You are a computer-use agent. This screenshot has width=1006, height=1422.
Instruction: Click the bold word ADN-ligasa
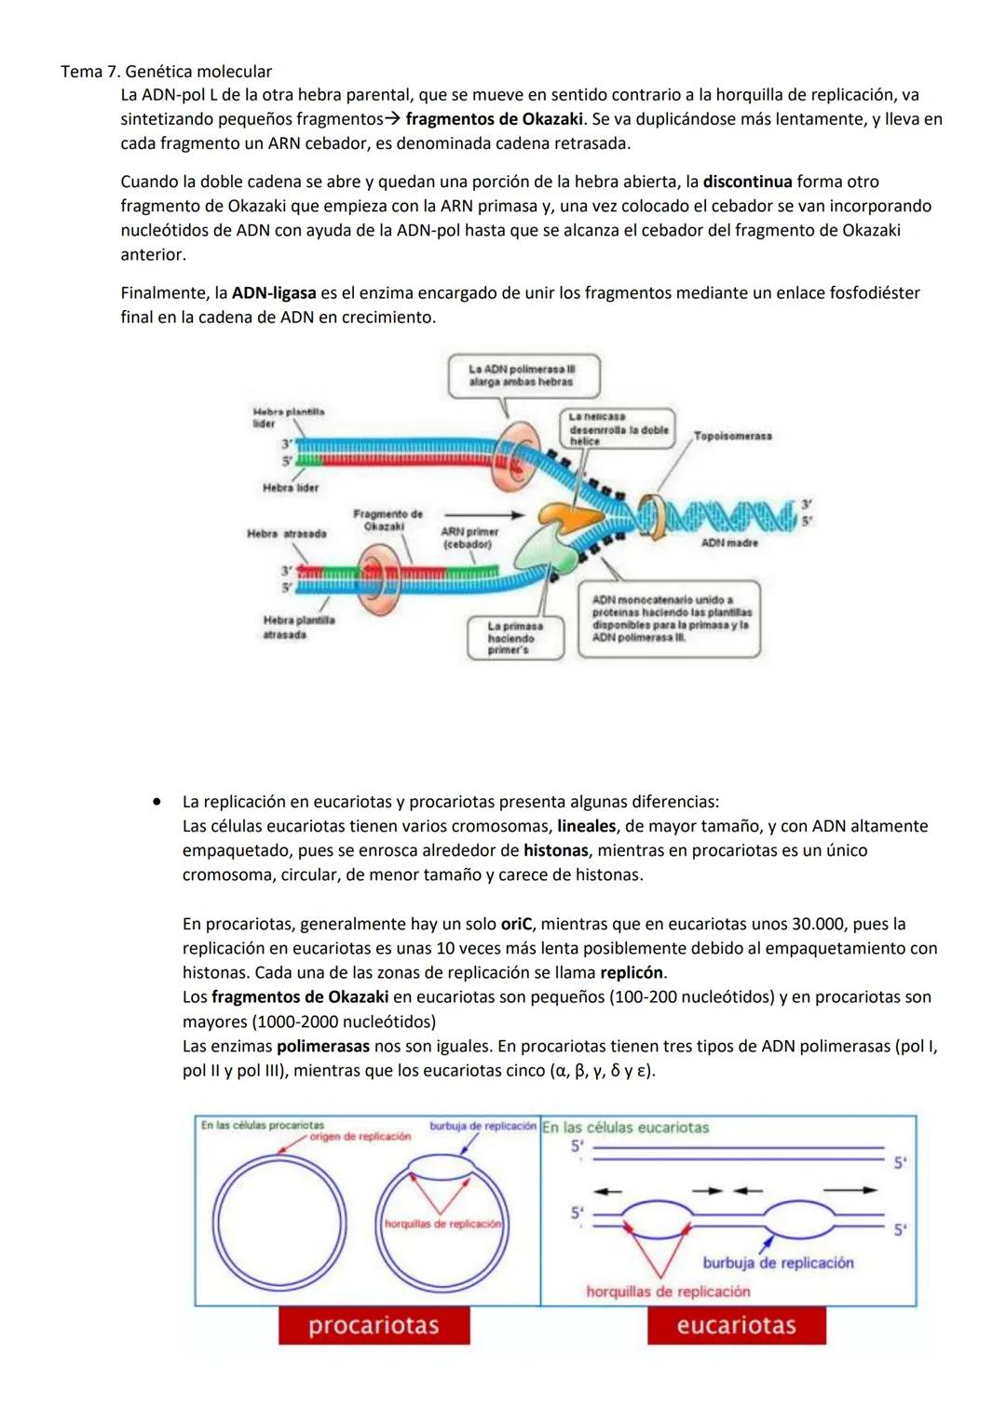tap(274, 293)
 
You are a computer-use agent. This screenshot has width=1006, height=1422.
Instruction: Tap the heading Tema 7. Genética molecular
tap(166, 72)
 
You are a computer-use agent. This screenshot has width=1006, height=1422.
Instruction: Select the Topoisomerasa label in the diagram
tap(732, 437)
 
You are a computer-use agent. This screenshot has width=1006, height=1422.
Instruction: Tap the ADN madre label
tap(729, 542)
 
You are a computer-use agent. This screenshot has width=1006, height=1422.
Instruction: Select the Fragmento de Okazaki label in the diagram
tap(387, 520)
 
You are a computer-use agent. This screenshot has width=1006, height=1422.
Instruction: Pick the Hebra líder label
tap(291, 487)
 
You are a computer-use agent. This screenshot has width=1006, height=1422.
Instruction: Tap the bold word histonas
tap(555, 850)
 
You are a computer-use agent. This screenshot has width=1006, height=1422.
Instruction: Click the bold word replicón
tap(632, 973)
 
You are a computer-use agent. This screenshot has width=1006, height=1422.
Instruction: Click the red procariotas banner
tap(374, 1325)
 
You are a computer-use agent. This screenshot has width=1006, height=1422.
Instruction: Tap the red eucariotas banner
tap(736, 1325)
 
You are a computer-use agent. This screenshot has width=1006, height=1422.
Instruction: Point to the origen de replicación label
tap(360, 1136)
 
